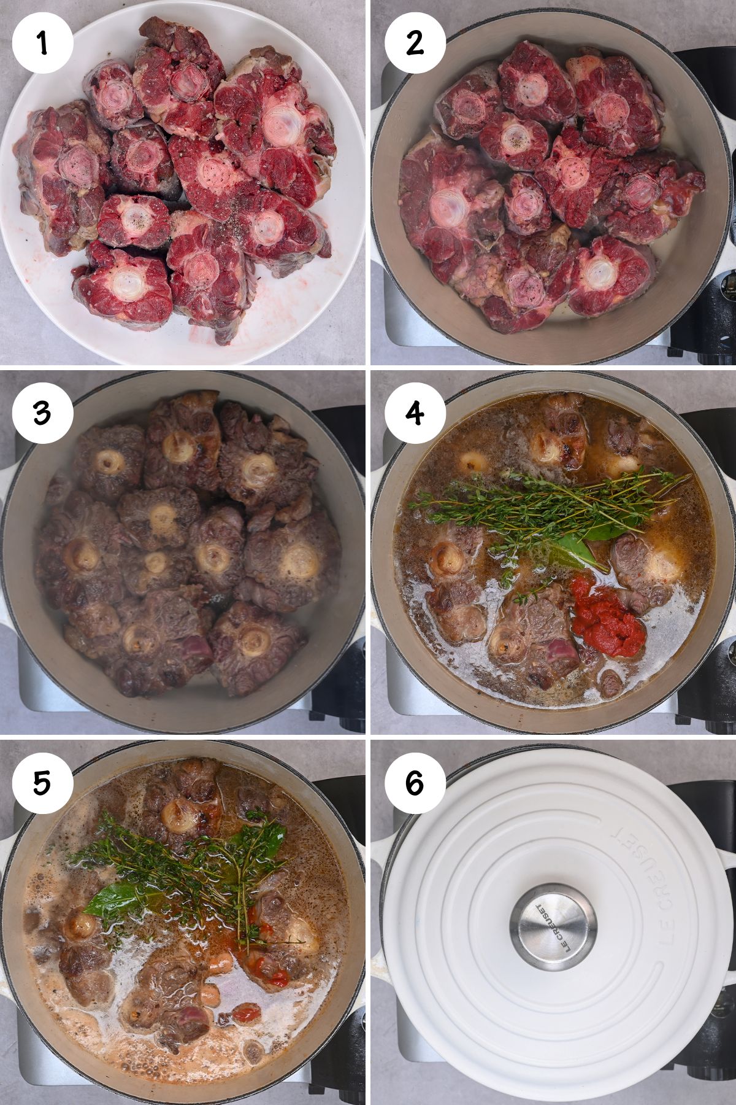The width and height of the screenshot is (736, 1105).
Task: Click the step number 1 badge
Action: pyautogui.click(x=42, y=42)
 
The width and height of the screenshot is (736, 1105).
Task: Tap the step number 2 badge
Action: pyautogui.click(x=415, y=42)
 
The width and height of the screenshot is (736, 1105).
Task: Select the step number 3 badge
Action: pyautogui.click(x=42, y=412)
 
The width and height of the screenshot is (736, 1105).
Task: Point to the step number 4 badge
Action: pyautogui.click(x=415, y=412)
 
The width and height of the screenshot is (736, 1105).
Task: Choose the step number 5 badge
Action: pyautogui.click(x=42, y=783)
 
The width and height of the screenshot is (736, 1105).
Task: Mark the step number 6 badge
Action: pyautogui.click(x=415, y=783)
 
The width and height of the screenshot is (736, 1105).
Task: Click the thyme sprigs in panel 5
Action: pyautogui.click(x=184, y=859)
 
